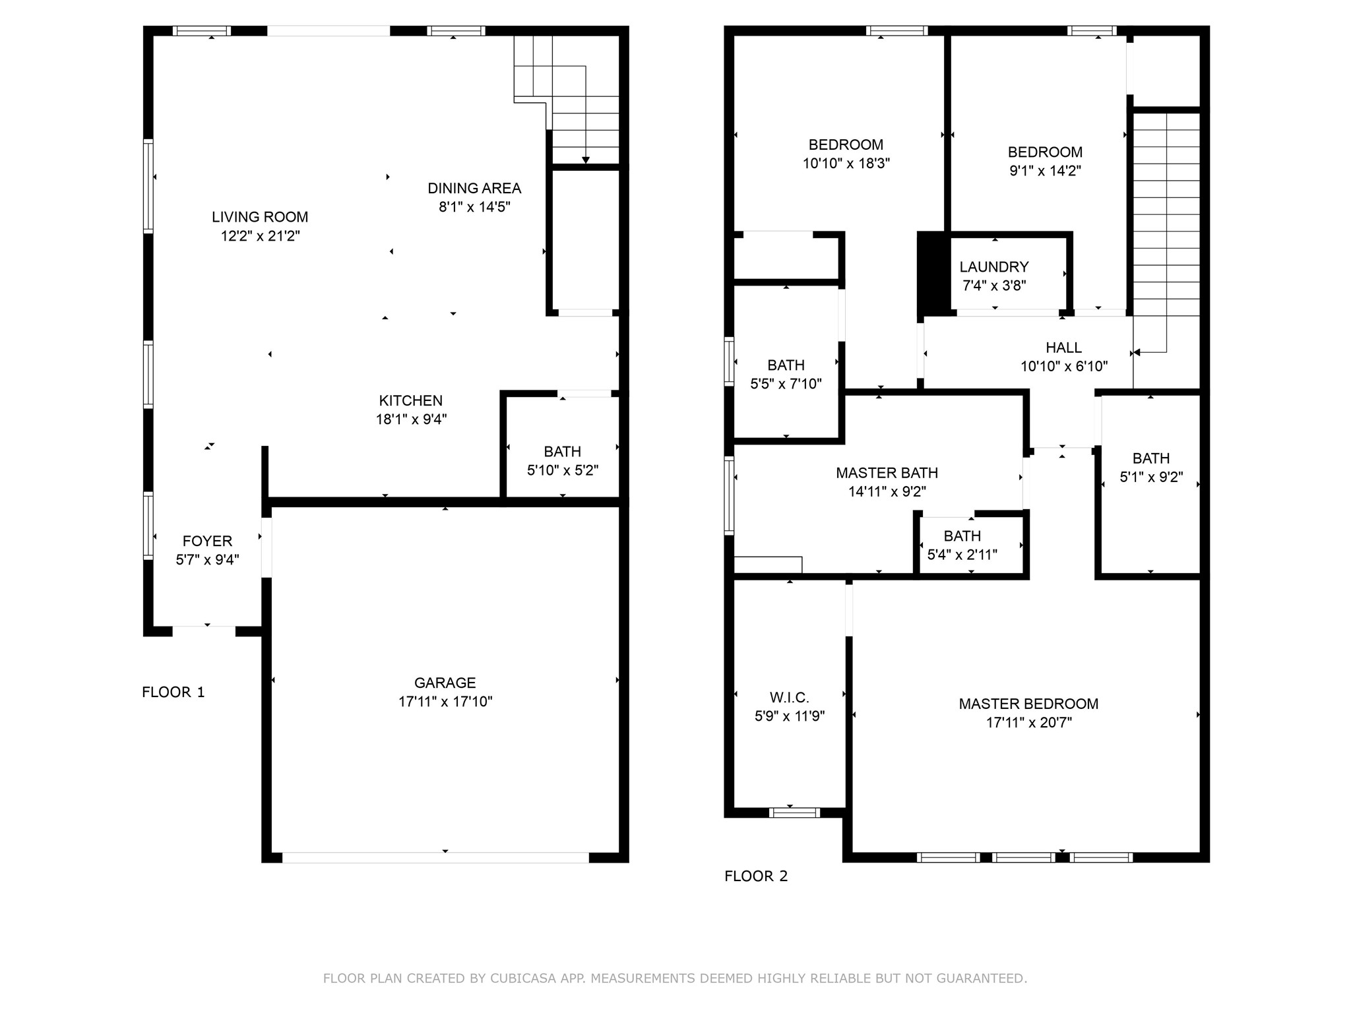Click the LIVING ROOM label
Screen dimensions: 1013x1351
(260, 217)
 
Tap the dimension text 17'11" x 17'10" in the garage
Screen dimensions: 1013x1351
(445, 702)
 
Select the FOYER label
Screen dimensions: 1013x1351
(207, 541)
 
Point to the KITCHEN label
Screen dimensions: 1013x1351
(410, 400)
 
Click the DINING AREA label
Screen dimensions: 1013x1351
(474, 189)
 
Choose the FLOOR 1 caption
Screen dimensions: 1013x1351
(173, 692)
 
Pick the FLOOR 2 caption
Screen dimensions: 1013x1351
(756, 876)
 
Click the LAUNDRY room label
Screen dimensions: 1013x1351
(993, 267)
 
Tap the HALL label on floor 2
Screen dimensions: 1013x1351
(1063, 348)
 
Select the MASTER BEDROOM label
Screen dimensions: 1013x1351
(1028, 704)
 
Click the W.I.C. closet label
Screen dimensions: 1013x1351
(789, 698)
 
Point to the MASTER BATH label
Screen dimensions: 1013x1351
(887, 473)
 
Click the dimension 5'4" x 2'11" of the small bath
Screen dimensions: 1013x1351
(962, 555)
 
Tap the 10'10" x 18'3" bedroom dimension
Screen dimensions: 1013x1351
(846, 164)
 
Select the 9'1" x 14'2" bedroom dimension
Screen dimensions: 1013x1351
(1045, 171)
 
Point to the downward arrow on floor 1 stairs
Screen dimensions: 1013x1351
(585, 159)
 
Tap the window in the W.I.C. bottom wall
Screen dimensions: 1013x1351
(794, 813)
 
